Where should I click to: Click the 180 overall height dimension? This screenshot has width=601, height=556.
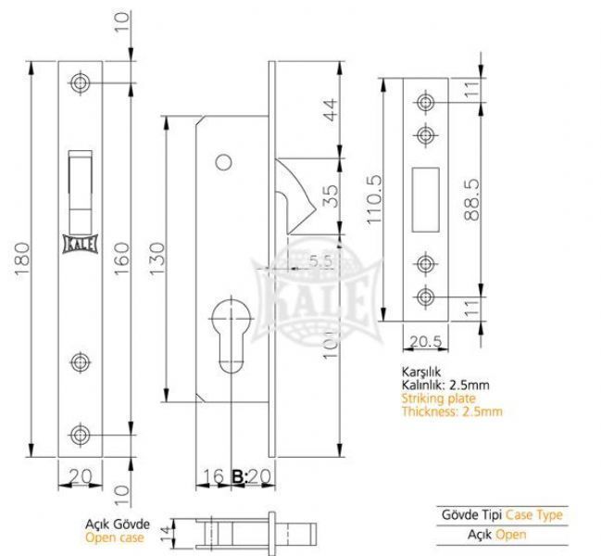22,259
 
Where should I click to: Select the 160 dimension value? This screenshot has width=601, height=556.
122,259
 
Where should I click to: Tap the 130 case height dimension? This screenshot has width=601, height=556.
157,259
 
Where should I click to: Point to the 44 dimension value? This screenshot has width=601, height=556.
331,109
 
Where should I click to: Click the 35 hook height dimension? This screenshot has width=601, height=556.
331,196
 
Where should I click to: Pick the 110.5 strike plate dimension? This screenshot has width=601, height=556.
374,199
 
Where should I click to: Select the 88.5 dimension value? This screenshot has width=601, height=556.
471,200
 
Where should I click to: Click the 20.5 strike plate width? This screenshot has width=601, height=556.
426,341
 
